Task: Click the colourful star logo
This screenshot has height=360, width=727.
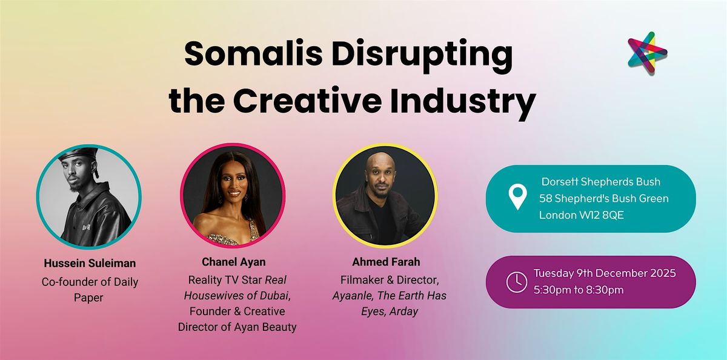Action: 647,53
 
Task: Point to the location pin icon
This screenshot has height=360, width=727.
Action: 517,198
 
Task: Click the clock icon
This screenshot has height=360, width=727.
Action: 517,282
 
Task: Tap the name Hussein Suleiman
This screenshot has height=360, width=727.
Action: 90,264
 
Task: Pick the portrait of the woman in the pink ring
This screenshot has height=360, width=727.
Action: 232,195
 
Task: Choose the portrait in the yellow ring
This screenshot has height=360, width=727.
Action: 385,195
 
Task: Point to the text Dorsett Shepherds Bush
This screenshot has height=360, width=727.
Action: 601,182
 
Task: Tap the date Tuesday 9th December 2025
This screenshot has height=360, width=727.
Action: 605,273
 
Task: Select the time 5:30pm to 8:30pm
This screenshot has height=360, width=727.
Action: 579,290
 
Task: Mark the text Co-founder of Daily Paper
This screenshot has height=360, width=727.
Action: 90,288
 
